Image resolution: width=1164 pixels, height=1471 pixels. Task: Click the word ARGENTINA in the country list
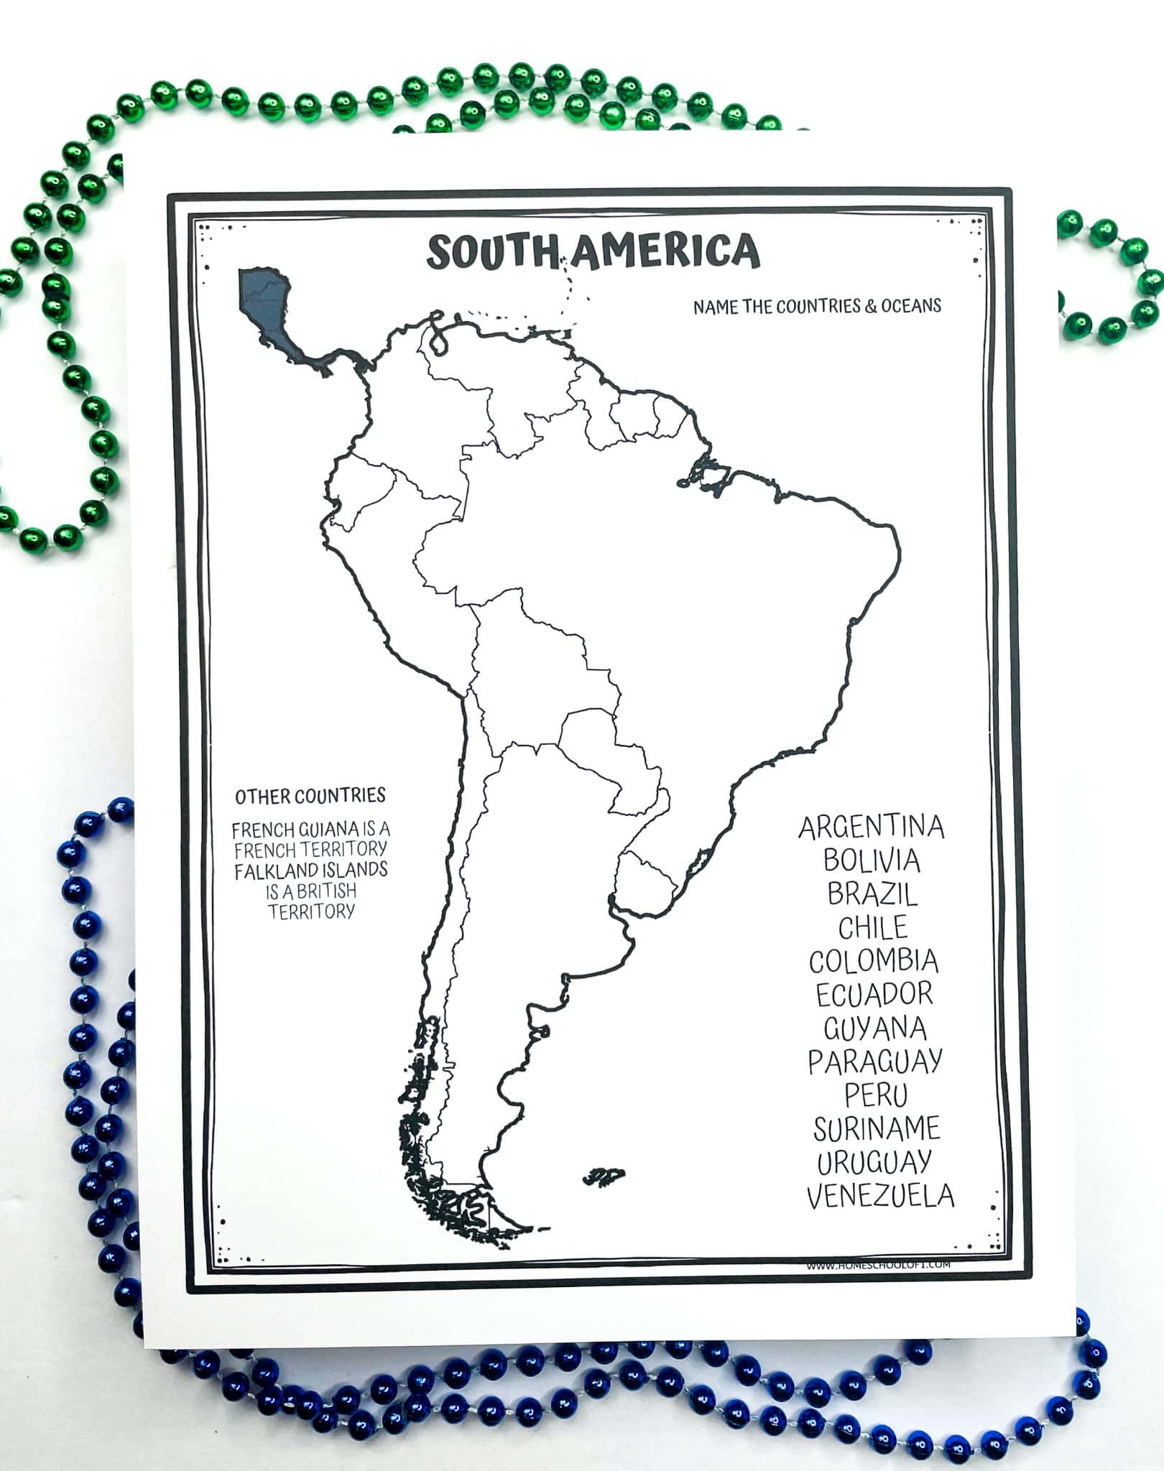pyautogui.click(x=871, y=827)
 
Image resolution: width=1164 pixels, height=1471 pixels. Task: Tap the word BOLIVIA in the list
pyautogui.click(x=872, y=860)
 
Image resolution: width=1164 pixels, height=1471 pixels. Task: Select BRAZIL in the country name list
pyautogui.click(x=872, y=894)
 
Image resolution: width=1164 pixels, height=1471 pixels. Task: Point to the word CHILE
pyautogui.click(x=873, y=927)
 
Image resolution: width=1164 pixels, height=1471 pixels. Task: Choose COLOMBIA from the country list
pyautogui.click(x=874, y=961)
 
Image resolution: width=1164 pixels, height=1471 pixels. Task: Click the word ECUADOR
pyautogui.click(x=874, y=995)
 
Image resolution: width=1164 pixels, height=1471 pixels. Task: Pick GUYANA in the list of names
pyautogui.click(x=875, y=1028)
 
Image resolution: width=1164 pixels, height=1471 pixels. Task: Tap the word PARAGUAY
pyautogui.click(x=875, y=1062)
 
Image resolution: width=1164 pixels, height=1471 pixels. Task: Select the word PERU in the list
pyautogui.click(x=876, y=1095)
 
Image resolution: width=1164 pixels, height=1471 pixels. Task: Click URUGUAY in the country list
pyautogui.click(x=875, y=1161)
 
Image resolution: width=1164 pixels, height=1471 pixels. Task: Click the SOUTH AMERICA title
pyautogui.click(x=593, y=251)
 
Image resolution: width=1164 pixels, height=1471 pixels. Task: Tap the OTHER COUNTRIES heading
pyautogui.click(x=310, y=796)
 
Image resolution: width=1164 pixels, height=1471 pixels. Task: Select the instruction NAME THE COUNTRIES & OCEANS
pyautogui.click(x=817, y=306)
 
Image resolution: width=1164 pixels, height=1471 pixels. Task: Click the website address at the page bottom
pyautogui.click(x=878, y=1264)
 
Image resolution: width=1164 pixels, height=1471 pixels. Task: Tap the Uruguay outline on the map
pyautogui.click(x=647, y=880)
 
